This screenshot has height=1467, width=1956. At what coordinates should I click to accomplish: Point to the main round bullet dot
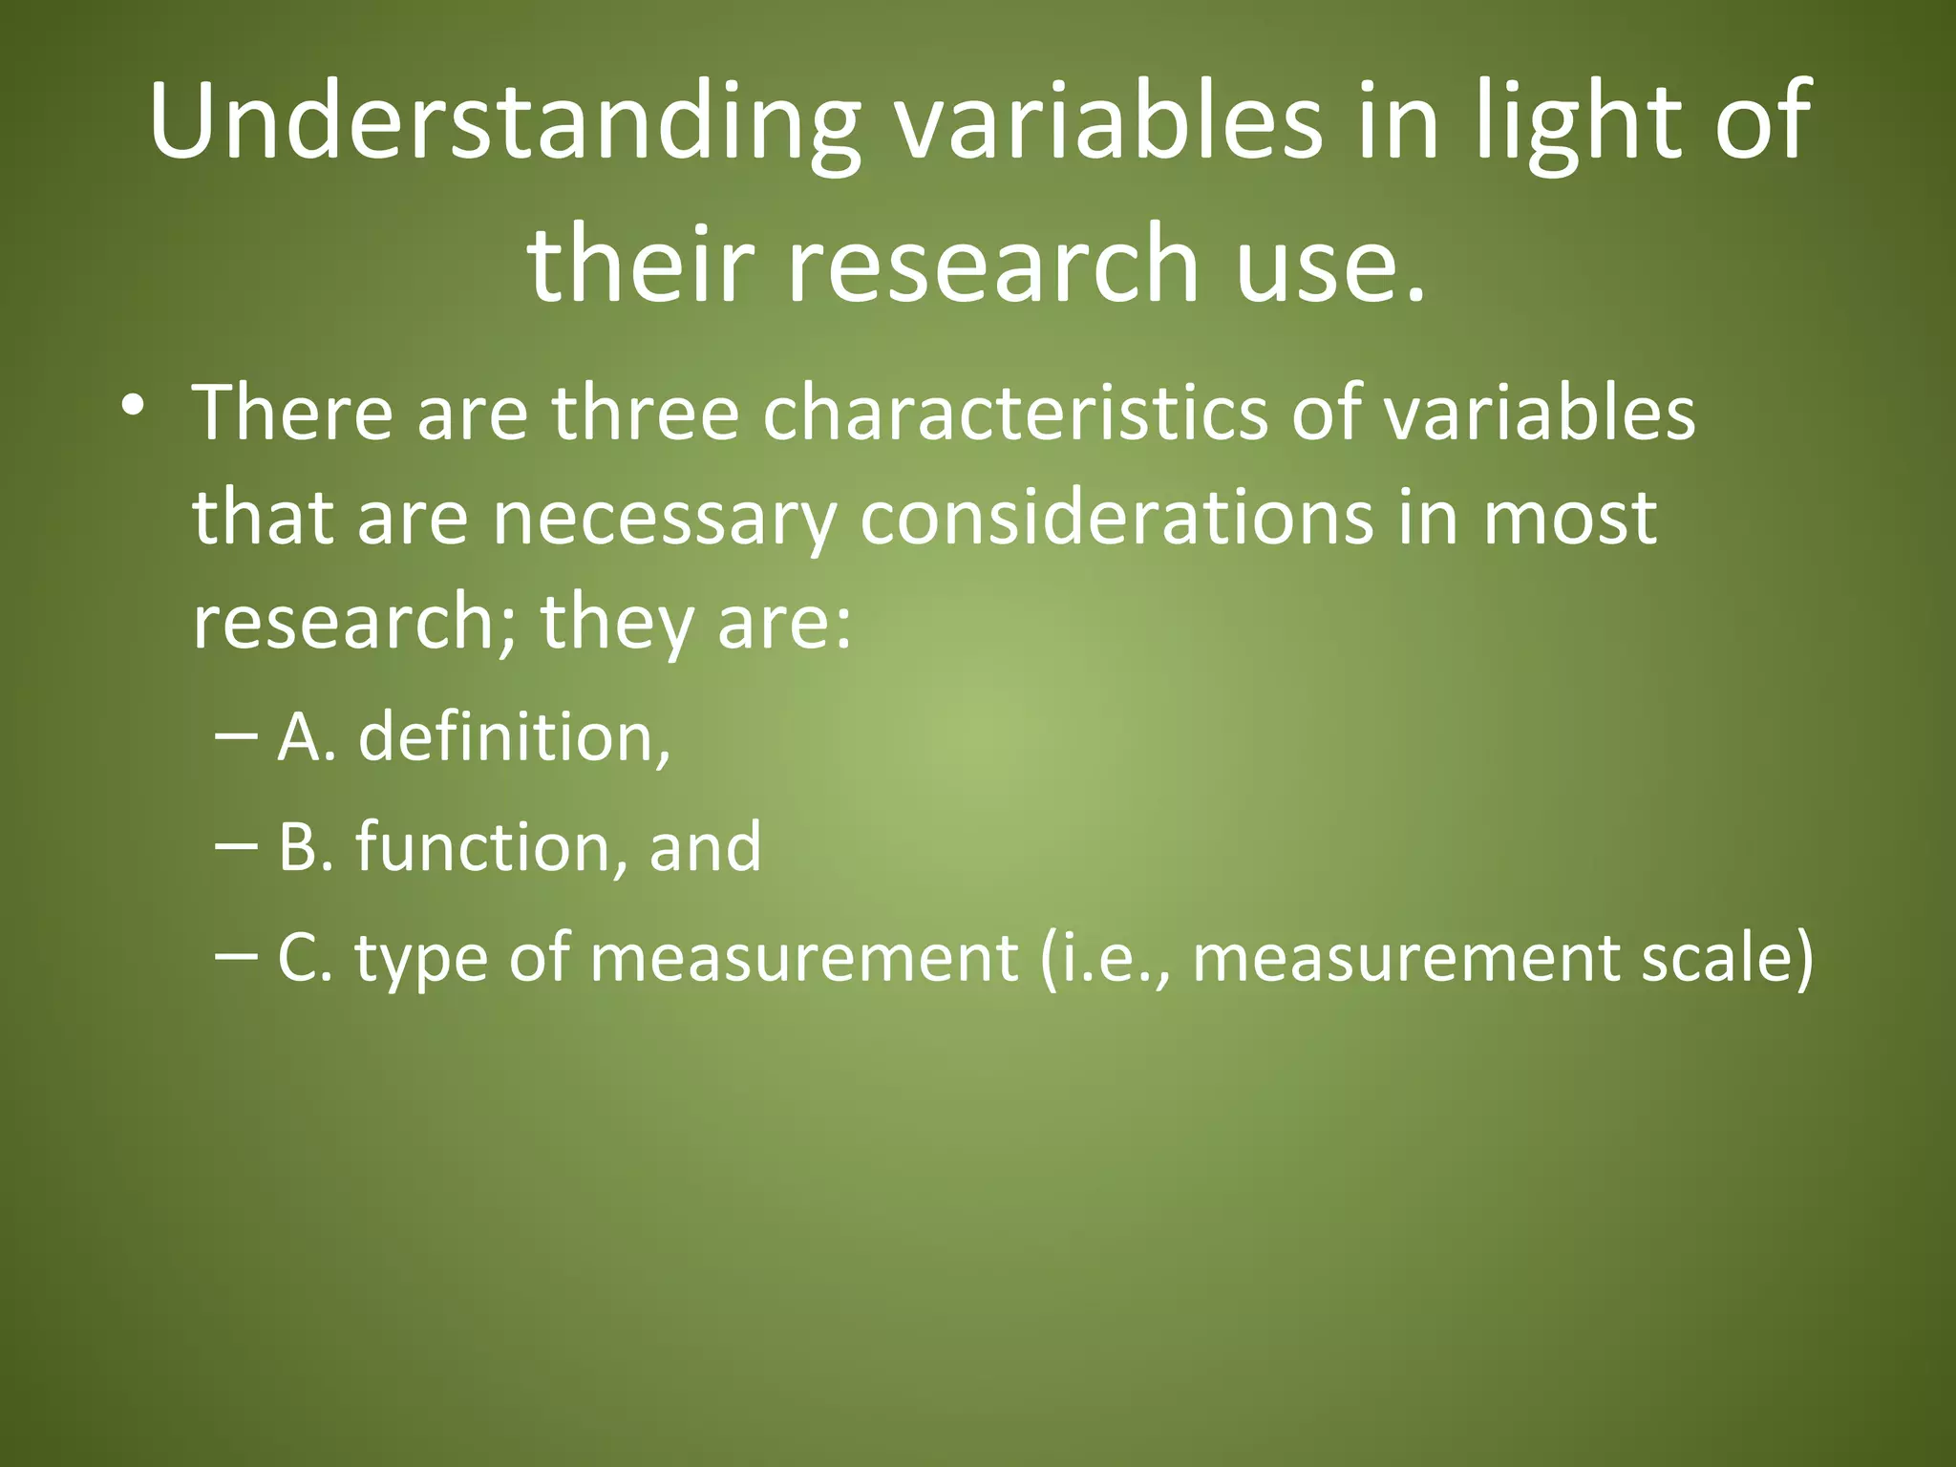point(133,405)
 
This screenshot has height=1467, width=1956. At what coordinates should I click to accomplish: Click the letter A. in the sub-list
point(306,737)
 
